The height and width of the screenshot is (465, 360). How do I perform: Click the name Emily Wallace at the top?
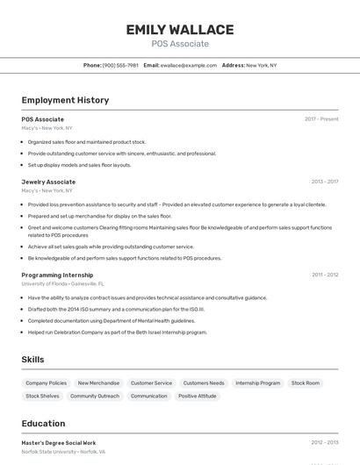coord(180,30)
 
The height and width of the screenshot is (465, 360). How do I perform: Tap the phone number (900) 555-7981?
coord(120,65)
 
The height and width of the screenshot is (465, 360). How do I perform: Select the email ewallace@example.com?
coord(189,65)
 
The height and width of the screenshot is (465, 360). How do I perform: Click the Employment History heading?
coord(65,100)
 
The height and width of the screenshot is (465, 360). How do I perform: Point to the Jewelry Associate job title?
coord(48,182)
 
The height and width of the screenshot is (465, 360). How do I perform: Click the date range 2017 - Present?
coord(321,119)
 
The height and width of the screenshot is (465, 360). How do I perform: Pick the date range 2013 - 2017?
coord(325,182)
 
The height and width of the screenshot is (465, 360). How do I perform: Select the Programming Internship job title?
coord(57,275)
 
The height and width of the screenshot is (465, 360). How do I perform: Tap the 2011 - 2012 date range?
coord(325,275)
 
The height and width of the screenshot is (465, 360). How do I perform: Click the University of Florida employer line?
coord(62,284)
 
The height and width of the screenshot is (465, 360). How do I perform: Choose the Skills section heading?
coord(32,360)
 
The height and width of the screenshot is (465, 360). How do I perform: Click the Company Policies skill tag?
coord(46,383)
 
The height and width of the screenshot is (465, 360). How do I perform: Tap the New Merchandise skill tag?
coord(98,383)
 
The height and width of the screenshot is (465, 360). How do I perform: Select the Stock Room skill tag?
coord(306,383)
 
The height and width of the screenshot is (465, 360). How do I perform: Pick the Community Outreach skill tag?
coord(95,396)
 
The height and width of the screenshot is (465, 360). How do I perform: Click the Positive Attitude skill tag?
coord(197,396)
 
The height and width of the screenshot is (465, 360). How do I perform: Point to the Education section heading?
coord(43,424)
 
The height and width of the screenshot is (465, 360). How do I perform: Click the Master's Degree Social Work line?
coord(59,443)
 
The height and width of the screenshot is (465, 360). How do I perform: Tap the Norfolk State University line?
coord(63,452)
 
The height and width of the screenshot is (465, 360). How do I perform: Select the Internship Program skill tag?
coord(257,383)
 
